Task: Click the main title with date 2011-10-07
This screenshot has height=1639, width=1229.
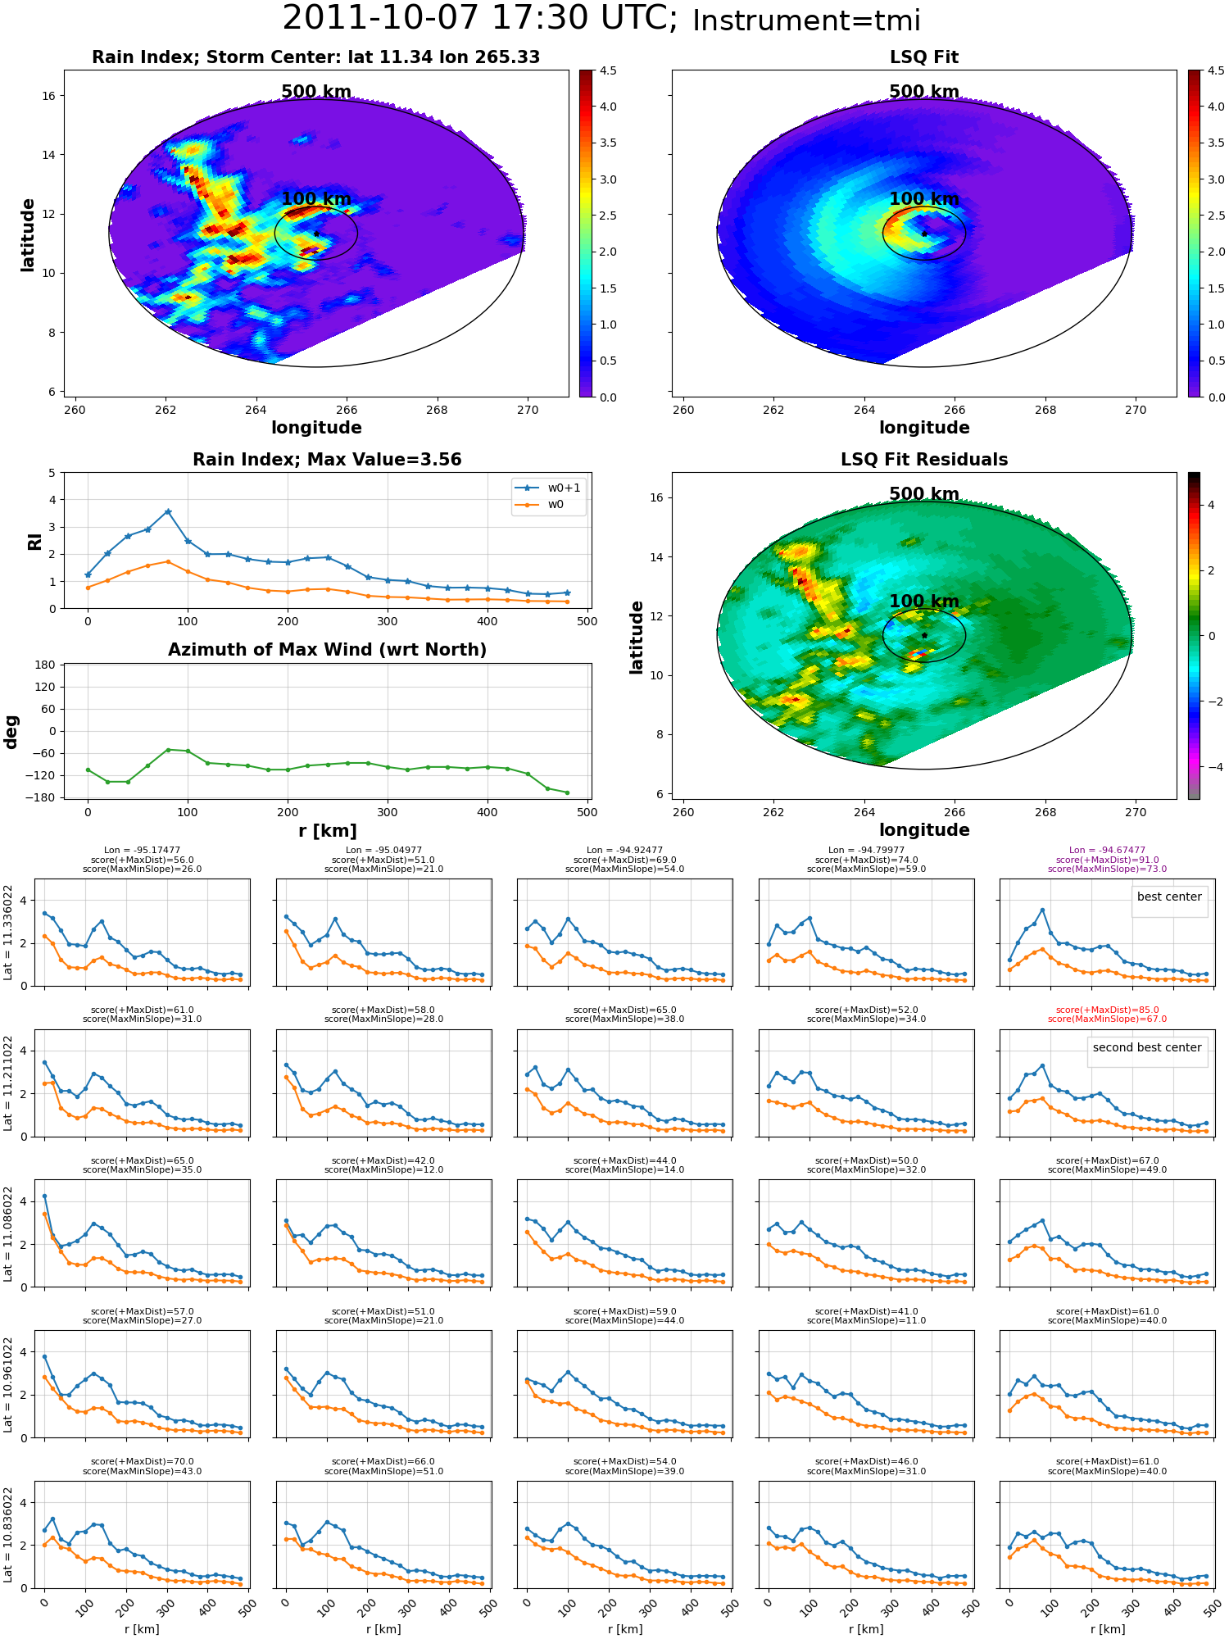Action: tap(601, 19)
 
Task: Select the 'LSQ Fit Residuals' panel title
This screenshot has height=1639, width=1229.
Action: tap(924, 460)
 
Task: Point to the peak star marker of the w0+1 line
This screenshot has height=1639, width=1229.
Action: tap(168, 511)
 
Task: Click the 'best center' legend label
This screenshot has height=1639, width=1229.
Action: tap(1169, 897)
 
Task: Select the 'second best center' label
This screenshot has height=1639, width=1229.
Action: tap(1147, 1047)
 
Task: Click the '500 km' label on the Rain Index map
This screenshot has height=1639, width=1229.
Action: tap(316, 92)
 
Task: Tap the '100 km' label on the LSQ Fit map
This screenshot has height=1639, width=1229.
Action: tap(924, 199)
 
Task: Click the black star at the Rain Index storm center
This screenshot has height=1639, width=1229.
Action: tap(316, 234)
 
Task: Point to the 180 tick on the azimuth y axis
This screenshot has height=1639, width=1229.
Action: tap(46, 665)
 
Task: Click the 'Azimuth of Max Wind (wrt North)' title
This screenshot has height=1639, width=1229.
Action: tap(328, 650)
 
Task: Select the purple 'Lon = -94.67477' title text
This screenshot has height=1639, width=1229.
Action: tap(1107, 851)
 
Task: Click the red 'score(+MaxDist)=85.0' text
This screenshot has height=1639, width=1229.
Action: tap(1107, 1010)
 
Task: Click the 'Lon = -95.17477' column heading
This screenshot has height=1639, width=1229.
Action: tap(142, 851)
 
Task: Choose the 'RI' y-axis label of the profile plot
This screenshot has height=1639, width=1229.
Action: tap(34, 541)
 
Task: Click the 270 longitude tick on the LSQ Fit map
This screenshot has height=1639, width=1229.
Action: tap(1136, 410)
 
